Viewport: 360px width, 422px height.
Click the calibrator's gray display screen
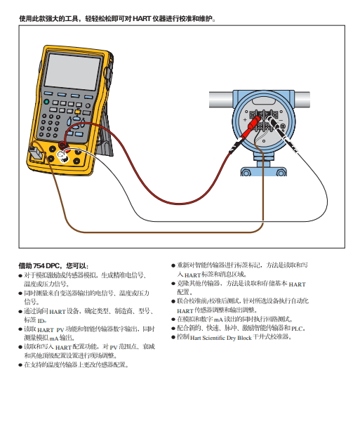(x=72, y=72)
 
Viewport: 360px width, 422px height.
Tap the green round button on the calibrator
(x=46, y=102)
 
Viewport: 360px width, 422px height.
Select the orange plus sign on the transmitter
(x=245, y=120)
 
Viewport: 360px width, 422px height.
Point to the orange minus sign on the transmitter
(x=281, y=120)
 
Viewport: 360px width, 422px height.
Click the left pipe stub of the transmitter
(x=221, y=100)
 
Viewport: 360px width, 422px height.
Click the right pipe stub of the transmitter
(x=302, y=100)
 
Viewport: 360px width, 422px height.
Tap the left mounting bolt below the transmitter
(x=246, y=173)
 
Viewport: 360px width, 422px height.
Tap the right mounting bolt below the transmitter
(x=281, y=173)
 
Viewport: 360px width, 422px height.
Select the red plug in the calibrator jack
(x=63, y=145)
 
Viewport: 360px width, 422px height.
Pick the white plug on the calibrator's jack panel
(x=63, y=157)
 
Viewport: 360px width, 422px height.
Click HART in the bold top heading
(x=142, y=19)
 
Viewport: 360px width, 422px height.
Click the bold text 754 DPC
(x=46, y=266)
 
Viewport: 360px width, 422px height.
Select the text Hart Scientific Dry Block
(x=220, y=338)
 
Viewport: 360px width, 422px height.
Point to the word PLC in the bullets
(x=297, y=329)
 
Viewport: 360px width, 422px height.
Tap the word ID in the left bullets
(x=41, y=321)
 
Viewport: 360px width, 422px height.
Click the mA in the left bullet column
(x=54, y=338)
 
